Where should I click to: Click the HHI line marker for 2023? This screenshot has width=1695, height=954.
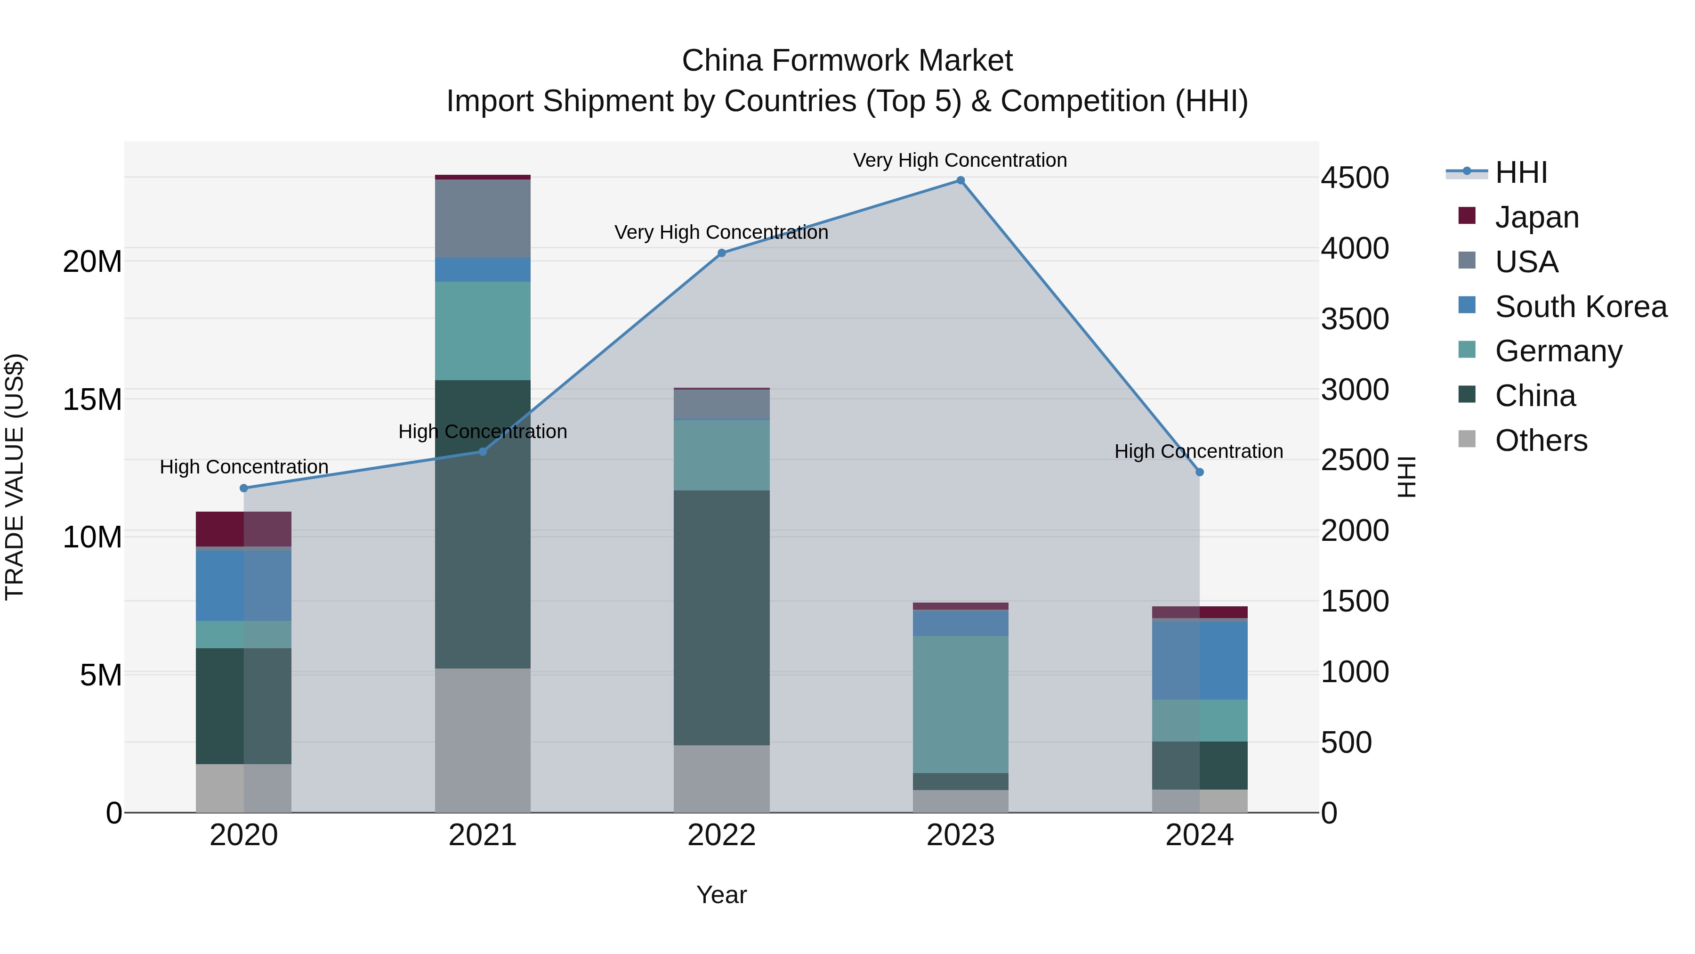coord(960,180)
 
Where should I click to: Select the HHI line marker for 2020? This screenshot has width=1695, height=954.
coord(243,488)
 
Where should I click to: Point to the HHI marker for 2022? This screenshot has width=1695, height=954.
coord(721,253)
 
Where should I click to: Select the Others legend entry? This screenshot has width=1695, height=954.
coord(1541,440)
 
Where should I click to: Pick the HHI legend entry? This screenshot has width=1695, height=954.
coord(1521,172)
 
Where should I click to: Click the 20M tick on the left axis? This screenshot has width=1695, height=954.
coord(92,261)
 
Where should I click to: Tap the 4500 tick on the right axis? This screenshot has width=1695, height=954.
coord(1355,178)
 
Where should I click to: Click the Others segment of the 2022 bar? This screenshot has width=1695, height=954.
coord(721,778)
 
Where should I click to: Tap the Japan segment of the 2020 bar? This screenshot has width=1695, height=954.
coord(243,529)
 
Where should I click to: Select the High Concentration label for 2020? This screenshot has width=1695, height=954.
coord(243,467)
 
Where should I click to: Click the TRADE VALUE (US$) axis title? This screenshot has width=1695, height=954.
coord(15,477)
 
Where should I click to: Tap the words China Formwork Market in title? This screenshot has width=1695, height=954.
coord(847,61)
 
